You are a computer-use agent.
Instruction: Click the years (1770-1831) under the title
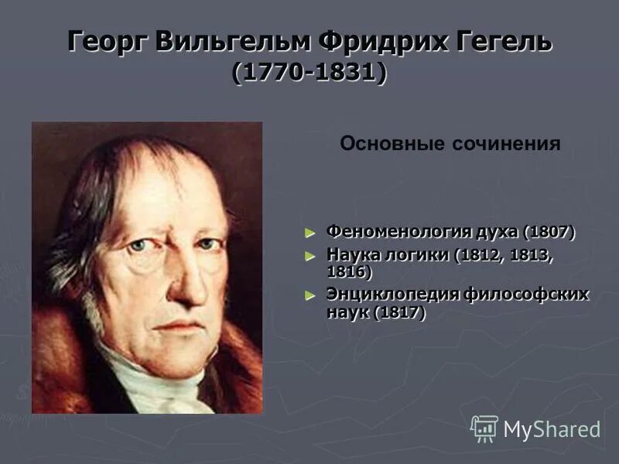[309, 73]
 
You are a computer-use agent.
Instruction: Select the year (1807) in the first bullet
[549, 231]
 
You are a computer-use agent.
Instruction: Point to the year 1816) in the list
[349, 271]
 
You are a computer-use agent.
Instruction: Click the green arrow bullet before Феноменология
[311, 232]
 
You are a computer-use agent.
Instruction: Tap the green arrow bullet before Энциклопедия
[311, 295]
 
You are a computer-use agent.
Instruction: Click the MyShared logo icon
[484, 428]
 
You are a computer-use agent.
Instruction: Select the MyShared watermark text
[552, 430]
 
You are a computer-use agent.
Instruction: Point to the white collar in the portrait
[155, 379]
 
